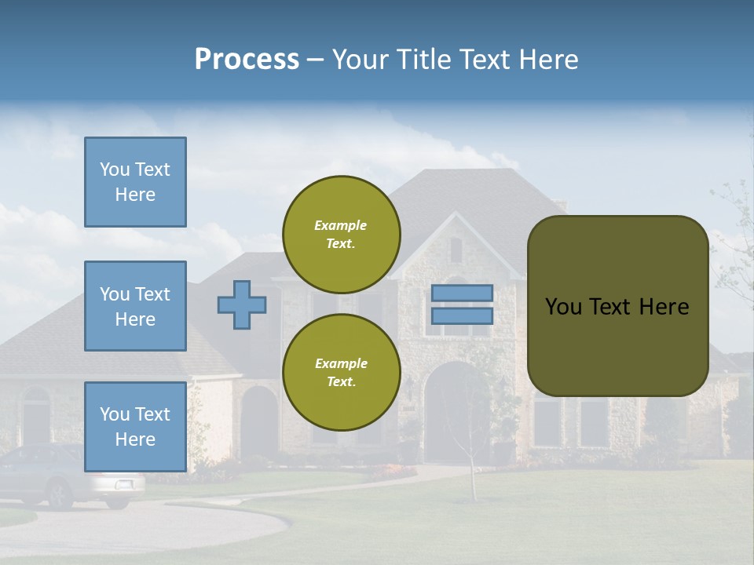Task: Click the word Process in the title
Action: (247, 60)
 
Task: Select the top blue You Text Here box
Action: (135, 182)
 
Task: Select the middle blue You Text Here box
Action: (135, 306)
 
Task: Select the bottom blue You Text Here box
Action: (135, 426)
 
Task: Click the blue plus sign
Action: (242, 304)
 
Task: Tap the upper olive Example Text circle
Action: (342, 235)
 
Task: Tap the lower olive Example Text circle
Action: (342, 372)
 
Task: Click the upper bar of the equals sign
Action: (463, 293)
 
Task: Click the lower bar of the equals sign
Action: (463, 315)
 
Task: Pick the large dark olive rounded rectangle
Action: (617, 306)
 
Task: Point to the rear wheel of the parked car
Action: (60, 494)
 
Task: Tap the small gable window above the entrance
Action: (456, 250)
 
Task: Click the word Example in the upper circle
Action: (340, 225)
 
